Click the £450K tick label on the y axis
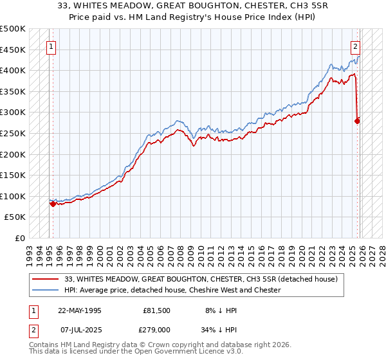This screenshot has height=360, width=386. coord(13,50)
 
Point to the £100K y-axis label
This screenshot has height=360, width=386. coord(13,196)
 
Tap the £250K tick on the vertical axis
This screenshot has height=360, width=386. coord(13,133)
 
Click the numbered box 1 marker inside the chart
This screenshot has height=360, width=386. coord(51,46)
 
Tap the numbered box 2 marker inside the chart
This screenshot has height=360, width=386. coord(354,46)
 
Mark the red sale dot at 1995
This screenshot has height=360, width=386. coord(53,204)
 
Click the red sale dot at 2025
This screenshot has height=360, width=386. coord(358,120)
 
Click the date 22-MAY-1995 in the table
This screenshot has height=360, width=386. coord(80,310)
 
